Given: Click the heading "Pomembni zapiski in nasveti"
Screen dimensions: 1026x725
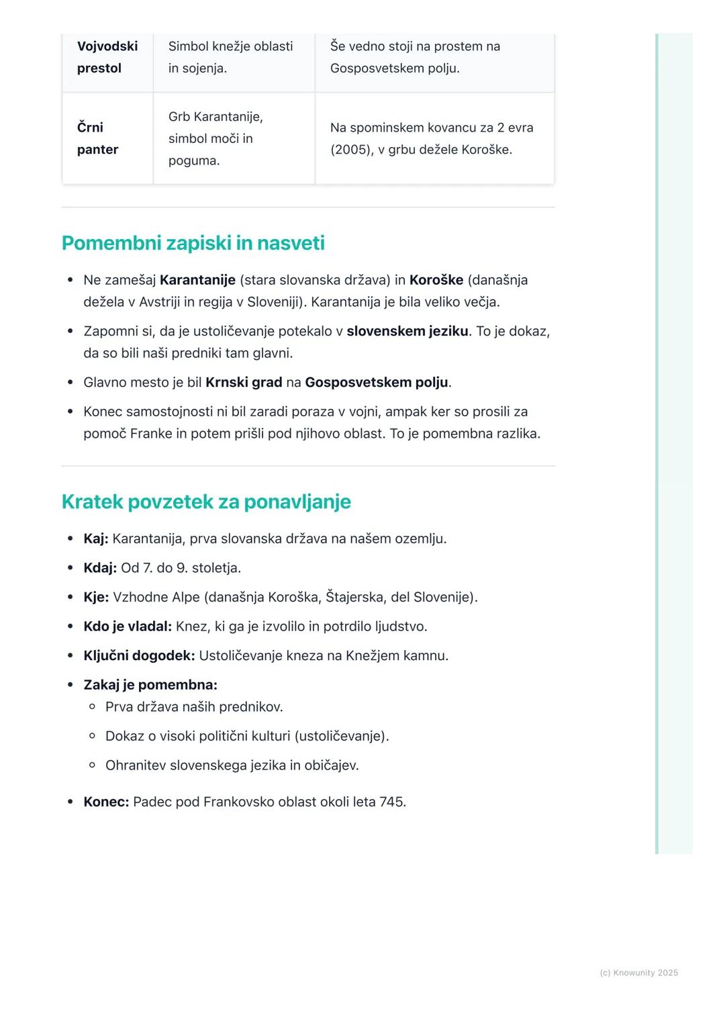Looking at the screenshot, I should point(193,243).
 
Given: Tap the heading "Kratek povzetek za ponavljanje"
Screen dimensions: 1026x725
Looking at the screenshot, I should point(206,502).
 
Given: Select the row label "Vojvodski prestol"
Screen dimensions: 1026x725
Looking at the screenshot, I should point(107,57).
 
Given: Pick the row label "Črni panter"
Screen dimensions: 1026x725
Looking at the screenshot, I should point(97,138).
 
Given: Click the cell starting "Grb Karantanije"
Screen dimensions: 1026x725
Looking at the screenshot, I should point(215,138).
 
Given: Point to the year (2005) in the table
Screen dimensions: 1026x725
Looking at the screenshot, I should point(352,150).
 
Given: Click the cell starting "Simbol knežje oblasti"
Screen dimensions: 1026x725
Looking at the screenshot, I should point(230,57).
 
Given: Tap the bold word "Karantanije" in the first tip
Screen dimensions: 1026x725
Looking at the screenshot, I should point(197,280).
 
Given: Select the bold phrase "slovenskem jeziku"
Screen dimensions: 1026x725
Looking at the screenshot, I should point(407,331).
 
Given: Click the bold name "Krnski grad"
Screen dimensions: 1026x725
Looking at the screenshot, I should point(244,382).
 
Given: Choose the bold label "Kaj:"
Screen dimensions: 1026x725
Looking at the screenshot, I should point(95,539).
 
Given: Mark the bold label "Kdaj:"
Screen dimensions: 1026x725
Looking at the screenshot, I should point(100,568).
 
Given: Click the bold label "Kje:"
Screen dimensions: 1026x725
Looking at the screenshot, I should point(96,597).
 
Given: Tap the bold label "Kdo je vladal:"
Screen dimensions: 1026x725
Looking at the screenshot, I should point(128,626).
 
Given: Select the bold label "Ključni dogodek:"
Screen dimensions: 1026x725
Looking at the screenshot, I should point(139,655).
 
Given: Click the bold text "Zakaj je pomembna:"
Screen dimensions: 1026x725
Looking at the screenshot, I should point(150,685).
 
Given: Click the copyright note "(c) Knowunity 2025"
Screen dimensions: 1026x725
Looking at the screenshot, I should point(638,973).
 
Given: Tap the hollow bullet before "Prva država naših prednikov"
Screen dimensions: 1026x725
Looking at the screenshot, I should point(93,707).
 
